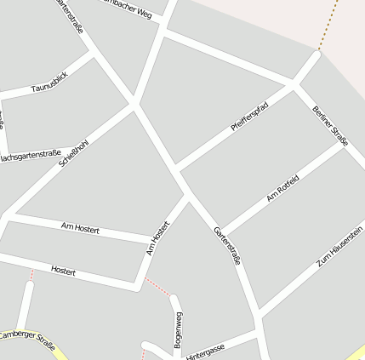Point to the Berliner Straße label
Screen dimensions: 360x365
pyautogui.click(x=330, y=126)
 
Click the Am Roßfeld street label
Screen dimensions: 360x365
pyautogui.click(x=282, y=189)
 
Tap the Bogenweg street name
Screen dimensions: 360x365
pyautogui.click(x=178, y=330)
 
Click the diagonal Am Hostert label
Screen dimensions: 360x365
pyautogui.click(x=158, y=237)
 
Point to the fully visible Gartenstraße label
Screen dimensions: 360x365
pyautogui.click(x=227, y=245)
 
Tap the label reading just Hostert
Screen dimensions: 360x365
pyautogui.click(x=64, y=271)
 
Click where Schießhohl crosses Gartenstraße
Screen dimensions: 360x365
pyautogui.click(x=134, y=105)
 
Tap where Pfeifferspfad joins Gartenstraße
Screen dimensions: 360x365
pyautogui.click(x=175, y=166)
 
